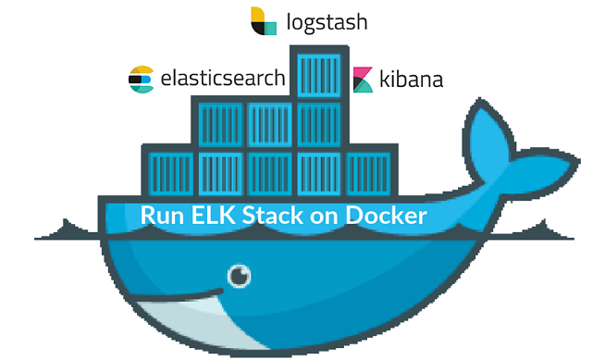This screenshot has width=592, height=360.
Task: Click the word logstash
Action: tap(327, 21)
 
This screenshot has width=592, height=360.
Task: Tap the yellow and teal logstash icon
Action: tap(264, 21)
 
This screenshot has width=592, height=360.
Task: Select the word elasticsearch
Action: tap(222, 79)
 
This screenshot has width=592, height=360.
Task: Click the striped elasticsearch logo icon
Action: tap(141, 80)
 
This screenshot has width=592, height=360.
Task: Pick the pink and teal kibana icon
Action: tap(363, 80)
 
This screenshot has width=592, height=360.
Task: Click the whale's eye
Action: tap(240, 275)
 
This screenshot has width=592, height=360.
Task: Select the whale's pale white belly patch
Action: tap(185, 319)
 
